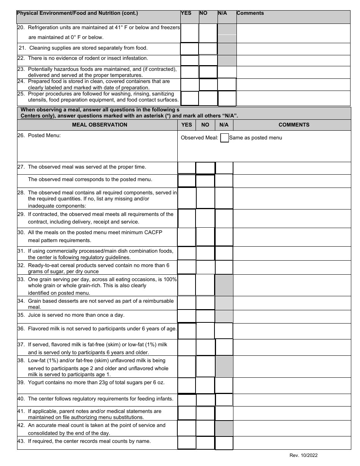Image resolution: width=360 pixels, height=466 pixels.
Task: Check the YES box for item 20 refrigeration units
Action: [189, 33]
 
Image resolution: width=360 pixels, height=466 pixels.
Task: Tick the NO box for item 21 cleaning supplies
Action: [208, 48]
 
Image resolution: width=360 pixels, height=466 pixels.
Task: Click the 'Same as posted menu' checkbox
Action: [224, 138]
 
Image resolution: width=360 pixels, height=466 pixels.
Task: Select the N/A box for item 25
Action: [227, 99]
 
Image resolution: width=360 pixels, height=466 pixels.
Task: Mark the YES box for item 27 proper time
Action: [186, 168]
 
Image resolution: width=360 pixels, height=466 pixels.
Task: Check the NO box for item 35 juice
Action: [205, 316]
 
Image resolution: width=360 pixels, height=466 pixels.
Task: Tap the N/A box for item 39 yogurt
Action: [224, 385]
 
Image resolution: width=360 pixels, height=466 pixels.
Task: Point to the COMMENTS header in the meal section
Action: [294, 125]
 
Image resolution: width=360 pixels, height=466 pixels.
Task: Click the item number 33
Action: [21, 279]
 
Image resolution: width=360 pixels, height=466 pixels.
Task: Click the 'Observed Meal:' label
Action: [199, 138]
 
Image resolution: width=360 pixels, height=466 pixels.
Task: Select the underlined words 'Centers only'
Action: [36, 116]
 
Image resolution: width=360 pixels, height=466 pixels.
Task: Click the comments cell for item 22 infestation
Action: [293, 60]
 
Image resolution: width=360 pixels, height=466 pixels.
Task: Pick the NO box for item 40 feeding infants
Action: [205, 400]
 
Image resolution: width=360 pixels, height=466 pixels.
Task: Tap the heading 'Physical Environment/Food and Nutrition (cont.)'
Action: [77, 13]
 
